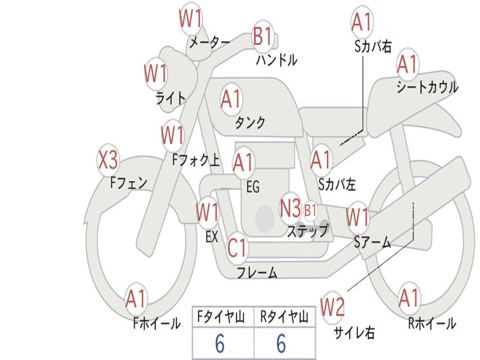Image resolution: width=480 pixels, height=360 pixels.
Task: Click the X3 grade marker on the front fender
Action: coord(108,161)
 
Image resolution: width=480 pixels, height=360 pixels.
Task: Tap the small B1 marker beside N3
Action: coord(310,210)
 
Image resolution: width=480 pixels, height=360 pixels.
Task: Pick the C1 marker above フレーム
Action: coord(237,247)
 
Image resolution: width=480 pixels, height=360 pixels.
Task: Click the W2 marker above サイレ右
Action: coord(332,307)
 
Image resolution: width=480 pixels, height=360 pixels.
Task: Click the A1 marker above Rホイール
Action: coord(409,297)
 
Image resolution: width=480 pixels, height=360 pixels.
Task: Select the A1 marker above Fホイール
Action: coord(136,299)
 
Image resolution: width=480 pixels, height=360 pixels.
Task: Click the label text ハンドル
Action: coord(277,60)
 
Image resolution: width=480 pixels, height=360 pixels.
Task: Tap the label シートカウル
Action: coord(427,88)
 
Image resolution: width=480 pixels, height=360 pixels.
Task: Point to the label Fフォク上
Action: coord(196,161)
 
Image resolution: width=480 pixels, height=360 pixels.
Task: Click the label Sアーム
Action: coord(372,242)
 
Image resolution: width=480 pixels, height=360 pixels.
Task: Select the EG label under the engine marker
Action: coord(252,187)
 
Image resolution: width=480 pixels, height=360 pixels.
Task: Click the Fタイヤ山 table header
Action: coord(223,317)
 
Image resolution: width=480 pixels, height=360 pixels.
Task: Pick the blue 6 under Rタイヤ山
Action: coord(281,344)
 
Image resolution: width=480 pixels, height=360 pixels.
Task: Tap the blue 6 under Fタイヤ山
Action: coord(219,344)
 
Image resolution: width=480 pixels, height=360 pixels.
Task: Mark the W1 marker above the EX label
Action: coord(207,212)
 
